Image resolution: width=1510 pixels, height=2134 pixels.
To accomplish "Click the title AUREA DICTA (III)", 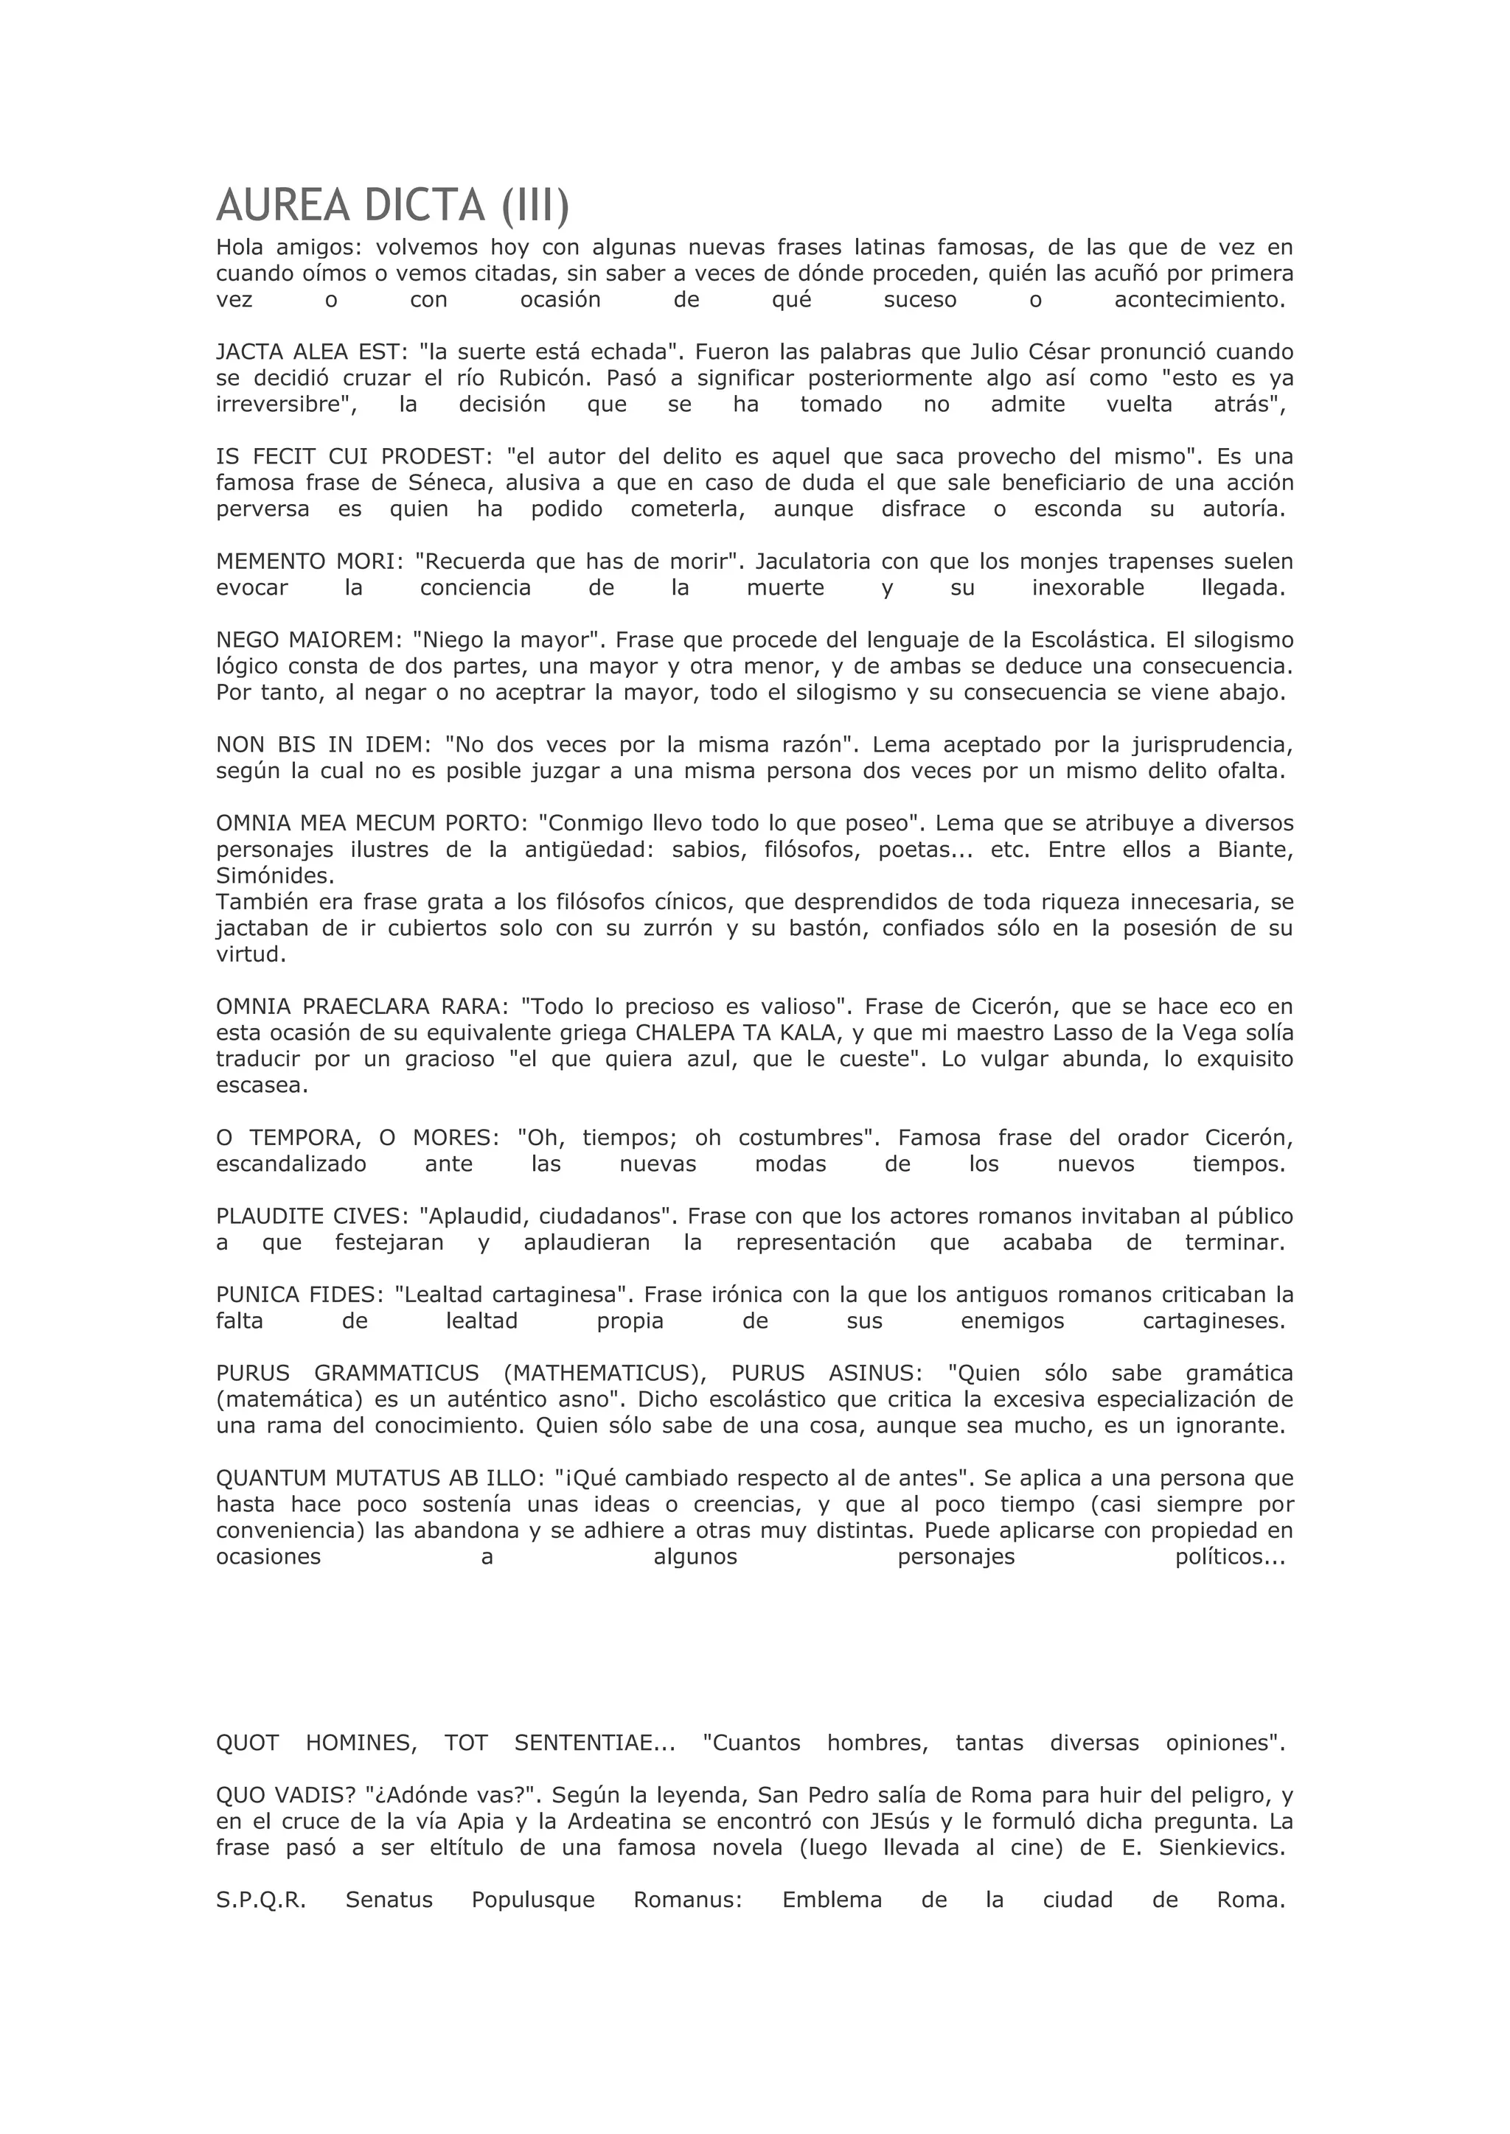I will (392, 206).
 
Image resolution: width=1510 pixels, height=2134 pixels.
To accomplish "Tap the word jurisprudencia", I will (1211, 744).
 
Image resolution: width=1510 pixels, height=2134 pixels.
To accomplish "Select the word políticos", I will (1229, 1557).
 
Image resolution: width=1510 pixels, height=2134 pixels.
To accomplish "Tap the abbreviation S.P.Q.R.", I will (260, 1900).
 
